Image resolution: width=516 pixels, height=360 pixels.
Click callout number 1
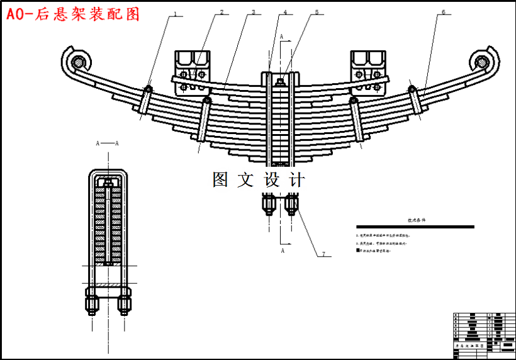(x=176, y=13)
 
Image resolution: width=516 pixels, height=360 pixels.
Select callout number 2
(x=222, y=11)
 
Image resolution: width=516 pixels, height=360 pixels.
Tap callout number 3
(x=253, y=11)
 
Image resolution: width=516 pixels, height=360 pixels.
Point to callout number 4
(x=284, y=11)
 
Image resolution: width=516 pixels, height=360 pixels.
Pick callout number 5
(x=317, y=11)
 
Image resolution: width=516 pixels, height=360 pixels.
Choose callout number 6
(x=443, y=11)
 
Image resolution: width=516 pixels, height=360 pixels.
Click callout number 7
(x=323, y=254)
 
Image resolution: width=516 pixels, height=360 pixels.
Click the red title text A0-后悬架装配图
(x=73, y=14)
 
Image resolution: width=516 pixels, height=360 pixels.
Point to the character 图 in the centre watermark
(x=220, y=180)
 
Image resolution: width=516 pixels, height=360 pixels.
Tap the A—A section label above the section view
(x=107, y=143)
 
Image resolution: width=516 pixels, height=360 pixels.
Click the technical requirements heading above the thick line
(x=416, y=221)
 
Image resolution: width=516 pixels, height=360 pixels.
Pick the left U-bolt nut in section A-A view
(x=92, y=305)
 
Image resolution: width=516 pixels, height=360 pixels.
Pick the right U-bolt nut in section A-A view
(x=125, y=305)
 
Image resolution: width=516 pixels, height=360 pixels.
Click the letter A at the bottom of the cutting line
(x=283, y=250)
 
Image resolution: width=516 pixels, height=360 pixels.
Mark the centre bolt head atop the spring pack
(x=279, y=79)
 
